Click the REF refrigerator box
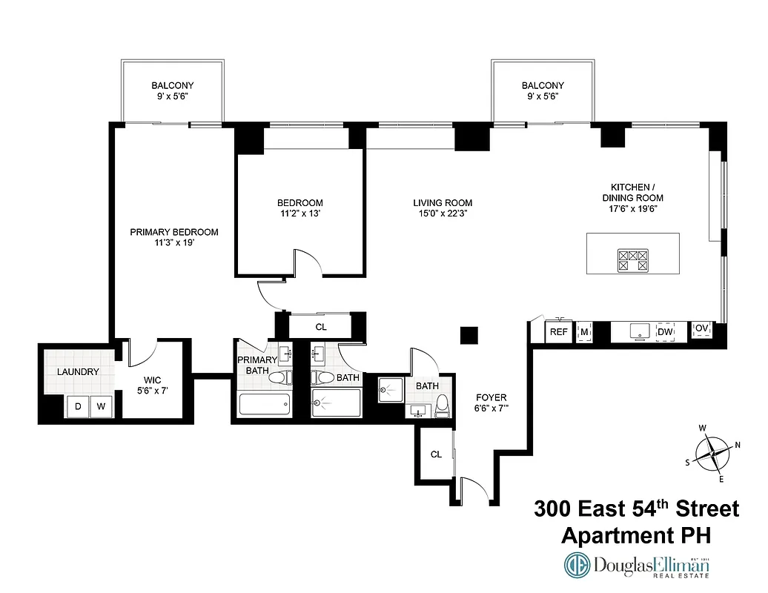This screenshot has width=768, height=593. coord(559,332)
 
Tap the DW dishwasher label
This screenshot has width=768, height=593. coord(665,332)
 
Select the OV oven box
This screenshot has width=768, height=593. coord(701,329)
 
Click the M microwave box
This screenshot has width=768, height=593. coord(584,332)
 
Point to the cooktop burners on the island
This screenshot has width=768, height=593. coord(633,259)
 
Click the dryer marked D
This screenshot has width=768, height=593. coord(76,406)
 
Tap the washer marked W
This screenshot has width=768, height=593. coord(101,406)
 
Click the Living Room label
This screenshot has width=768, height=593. coord(443,203)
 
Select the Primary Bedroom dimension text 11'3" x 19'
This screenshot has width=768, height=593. coord(174,243)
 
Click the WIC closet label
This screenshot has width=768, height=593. coord(153,380)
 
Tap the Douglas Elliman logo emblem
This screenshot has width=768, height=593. coord(577,566)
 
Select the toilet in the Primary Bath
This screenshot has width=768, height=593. coord(277,378)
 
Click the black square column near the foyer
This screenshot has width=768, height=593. coord(468,336)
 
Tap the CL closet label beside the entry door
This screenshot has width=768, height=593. coord(436,454)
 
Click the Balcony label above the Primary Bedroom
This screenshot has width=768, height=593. coord(173,86)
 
